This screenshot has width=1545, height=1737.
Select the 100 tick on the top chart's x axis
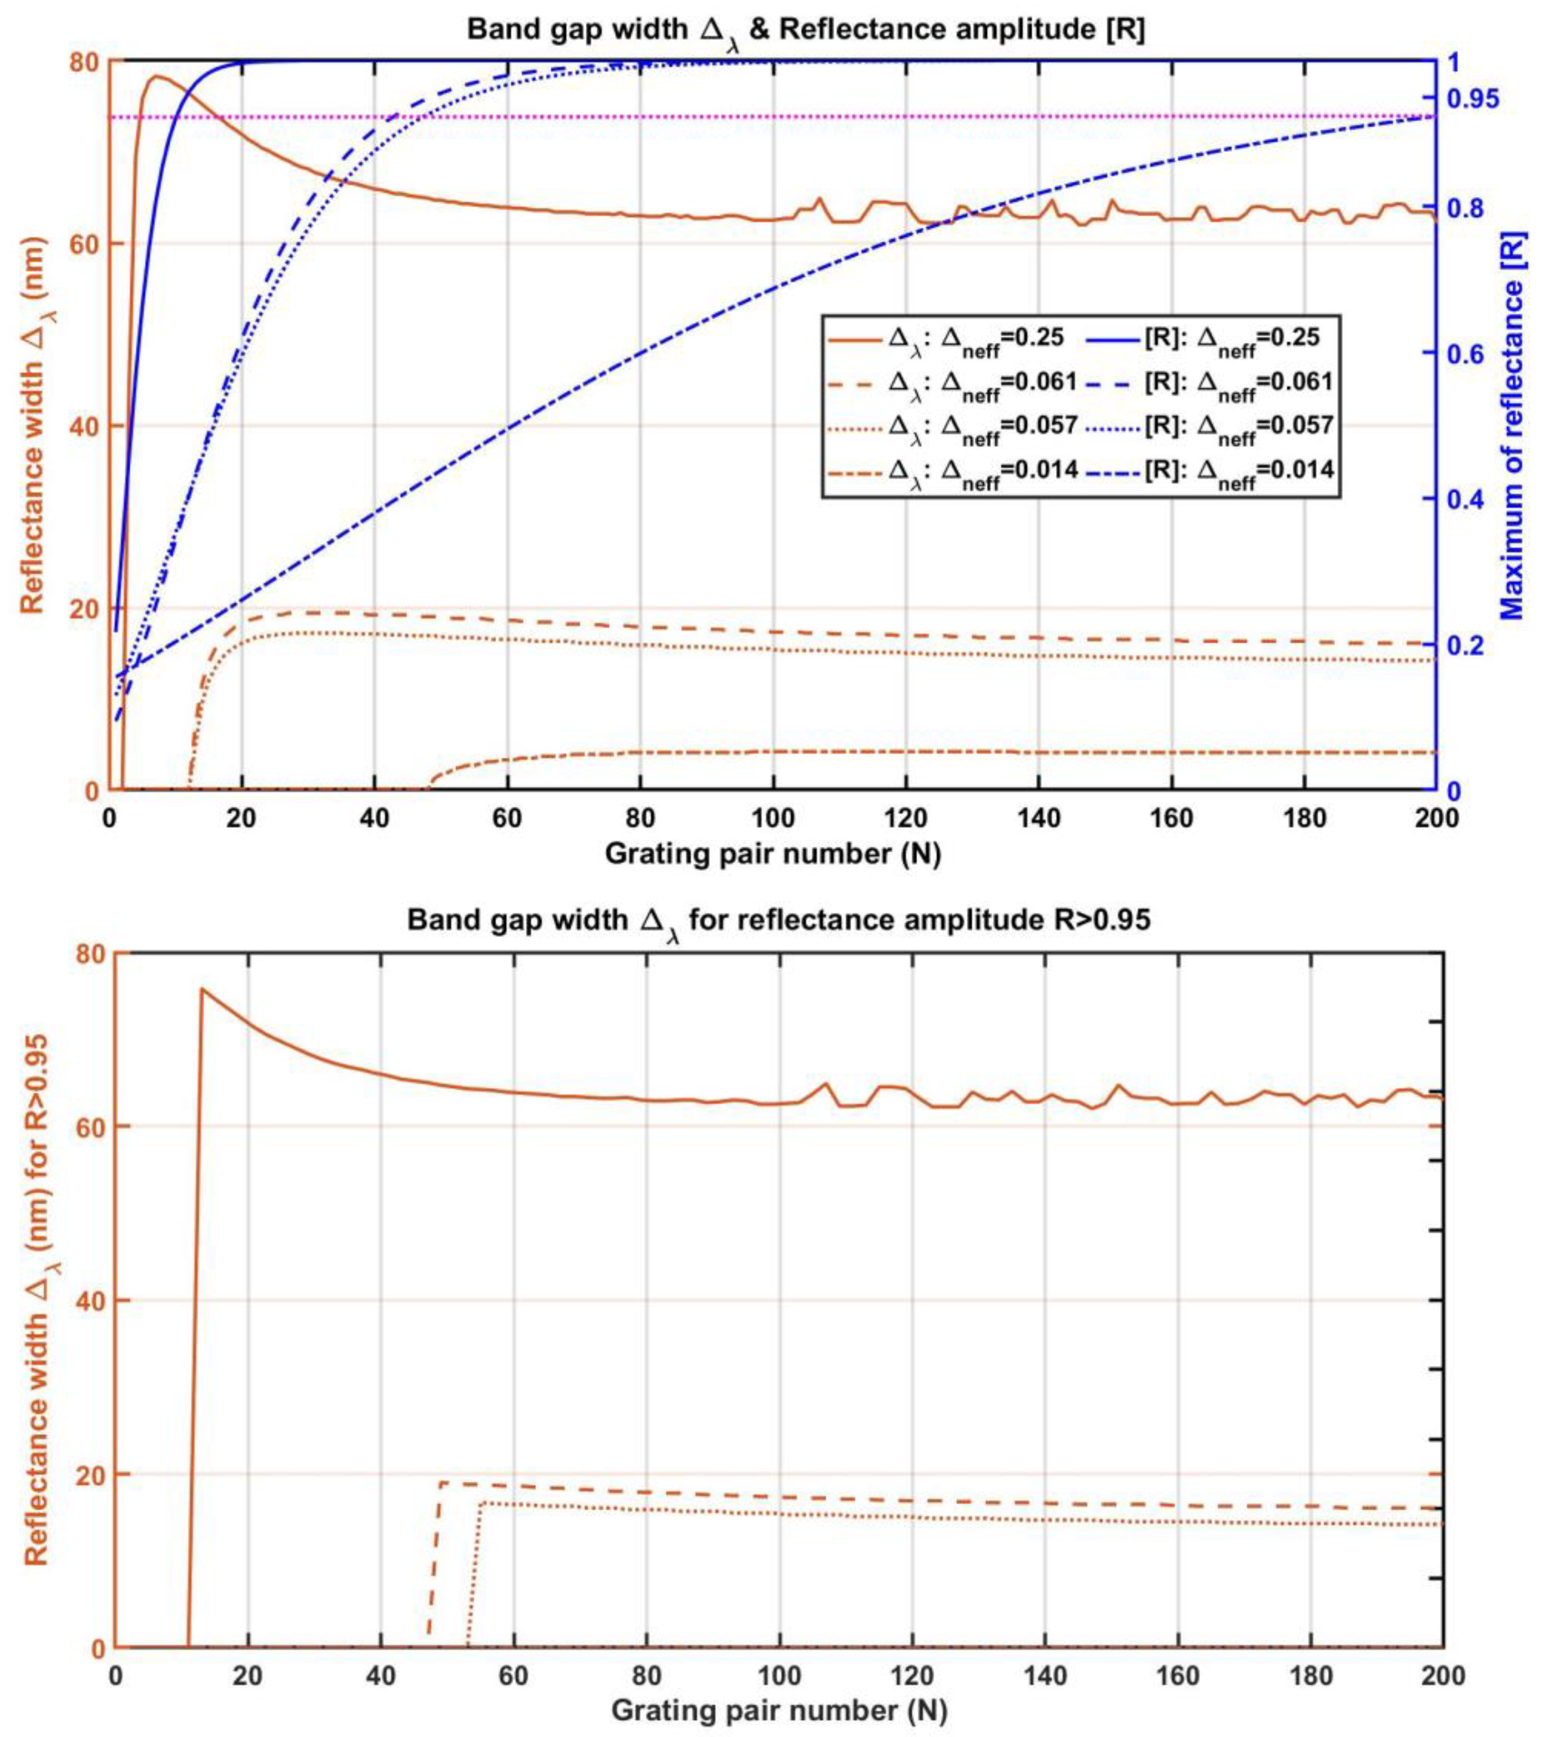(774, 819)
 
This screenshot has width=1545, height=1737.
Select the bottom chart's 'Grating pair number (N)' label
(779, 1711)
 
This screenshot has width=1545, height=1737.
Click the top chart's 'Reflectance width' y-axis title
(32, 425)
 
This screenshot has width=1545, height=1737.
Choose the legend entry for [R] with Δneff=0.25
(1207, 338)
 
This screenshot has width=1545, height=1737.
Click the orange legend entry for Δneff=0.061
(952, 382)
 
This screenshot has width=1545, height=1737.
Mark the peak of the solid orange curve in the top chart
(156, 76)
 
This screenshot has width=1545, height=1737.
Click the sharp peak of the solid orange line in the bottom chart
(202, 988)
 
